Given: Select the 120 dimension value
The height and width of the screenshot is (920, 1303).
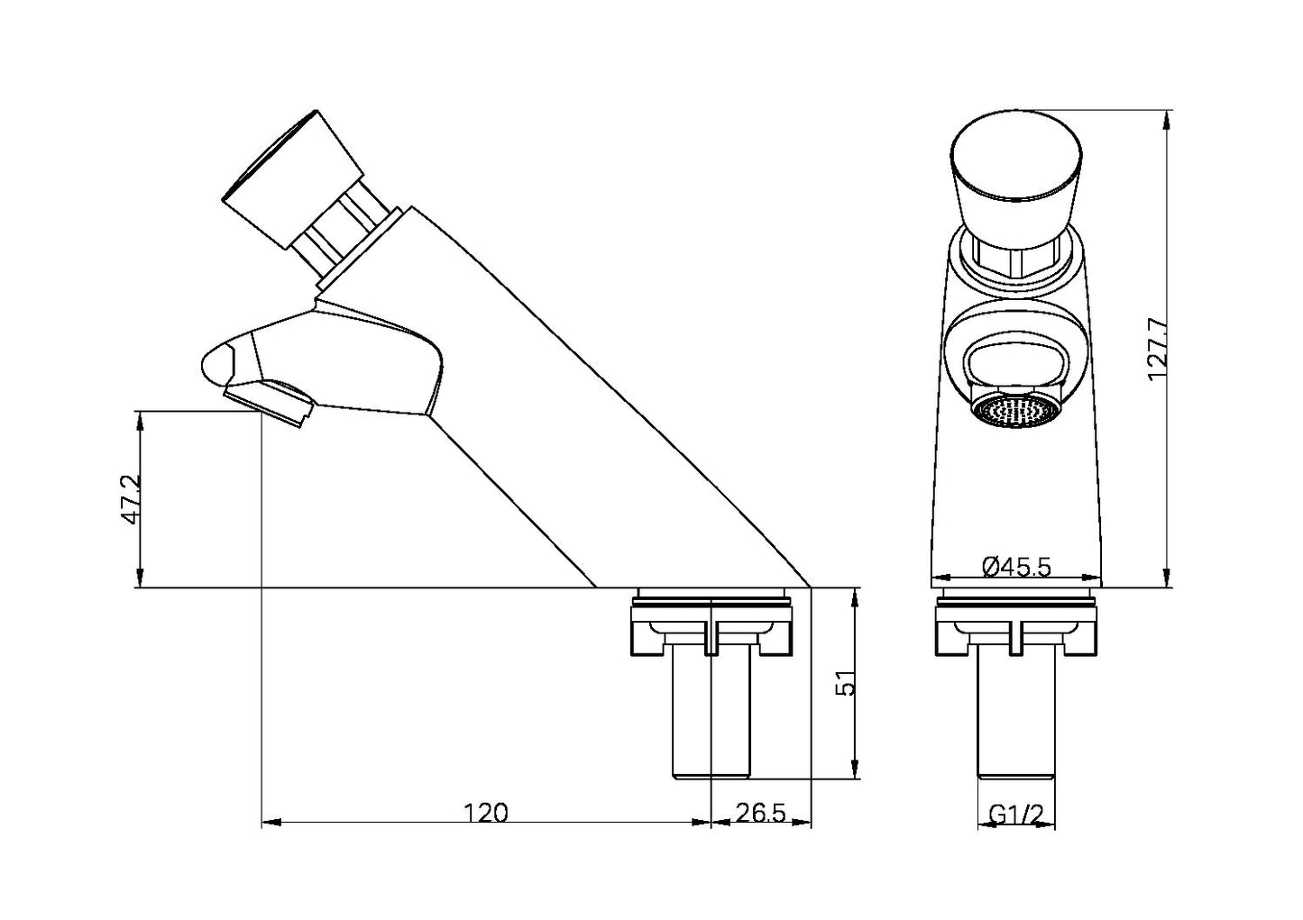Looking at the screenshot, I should point(486,813).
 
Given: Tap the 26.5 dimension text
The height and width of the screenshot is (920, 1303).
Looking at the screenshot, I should point(760,813).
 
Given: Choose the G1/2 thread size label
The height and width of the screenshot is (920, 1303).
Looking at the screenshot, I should point(1016,814).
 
